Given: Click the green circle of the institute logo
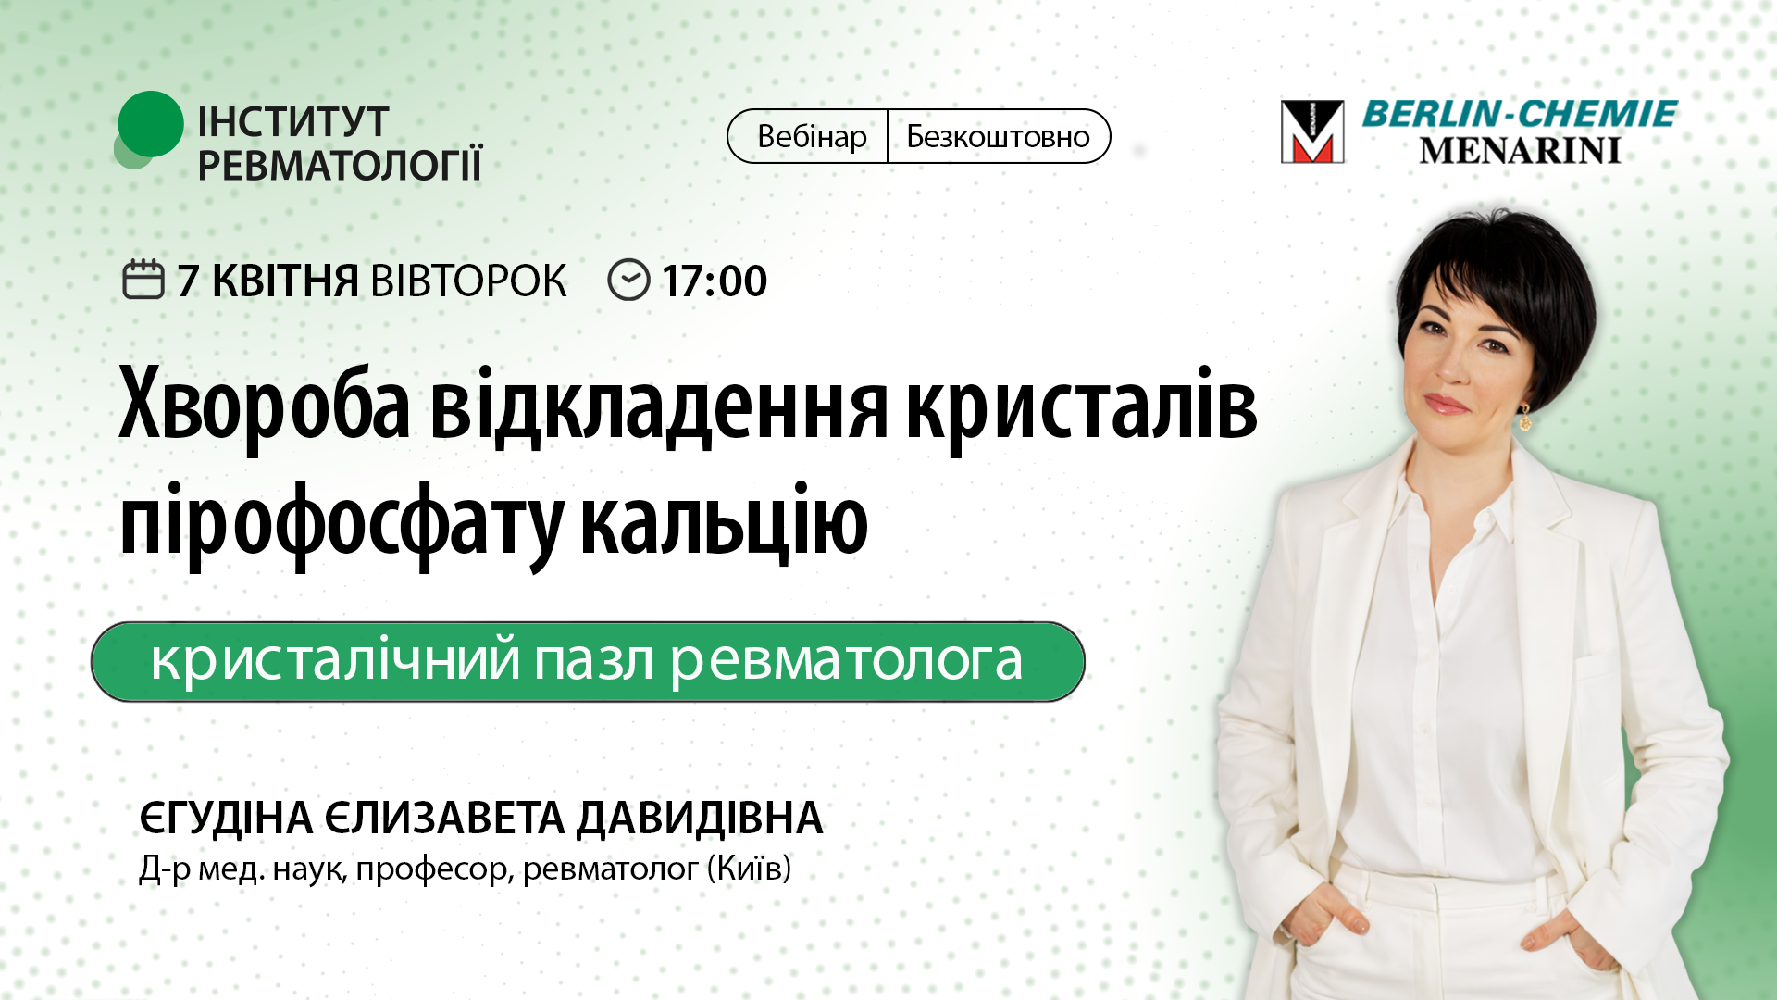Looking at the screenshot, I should (x=150, y=124).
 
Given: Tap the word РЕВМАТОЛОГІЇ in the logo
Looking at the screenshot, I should (x=339, y=166).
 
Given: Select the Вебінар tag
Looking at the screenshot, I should (x=811, y=137).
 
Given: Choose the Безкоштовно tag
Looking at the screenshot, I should (x=998, y=137).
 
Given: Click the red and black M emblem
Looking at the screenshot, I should (x=1311, y=131).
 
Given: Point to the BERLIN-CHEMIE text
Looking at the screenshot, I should (x=1519, y=114).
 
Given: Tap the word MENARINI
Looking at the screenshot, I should (x=1519, y=151).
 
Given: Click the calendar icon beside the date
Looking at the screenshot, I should (x=143, y=280).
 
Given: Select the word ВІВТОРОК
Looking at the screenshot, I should (x=468, y=281).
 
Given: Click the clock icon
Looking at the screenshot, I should (x=628, y=280).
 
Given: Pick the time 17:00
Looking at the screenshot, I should (x=715, y=281).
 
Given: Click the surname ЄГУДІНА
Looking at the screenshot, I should (x=227, y=819).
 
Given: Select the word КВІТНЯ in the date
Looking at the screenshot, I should (x=285, y=281).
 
